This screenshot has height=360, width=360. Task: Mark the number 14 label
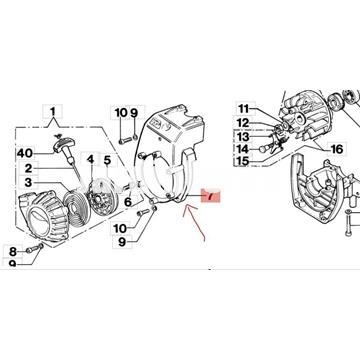(x=243, y=148)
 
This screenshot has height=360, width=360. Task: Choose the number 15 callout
(x=243, y=161)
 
